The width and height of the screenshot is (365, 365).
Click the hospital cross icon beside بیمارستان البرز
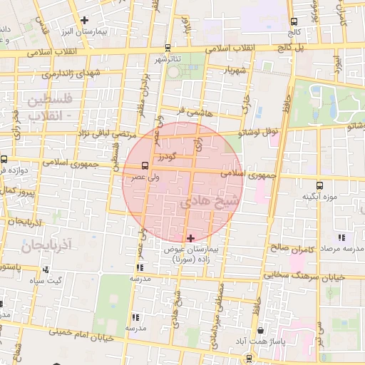(86, 20)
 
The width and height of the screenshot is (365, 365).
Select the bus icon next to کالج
(294, 21)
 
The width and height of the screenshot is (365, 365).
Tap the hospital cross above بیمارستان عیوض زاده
(190, 237)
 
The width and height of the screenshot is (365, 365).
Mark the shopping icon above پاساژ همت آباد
(263, 331)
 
